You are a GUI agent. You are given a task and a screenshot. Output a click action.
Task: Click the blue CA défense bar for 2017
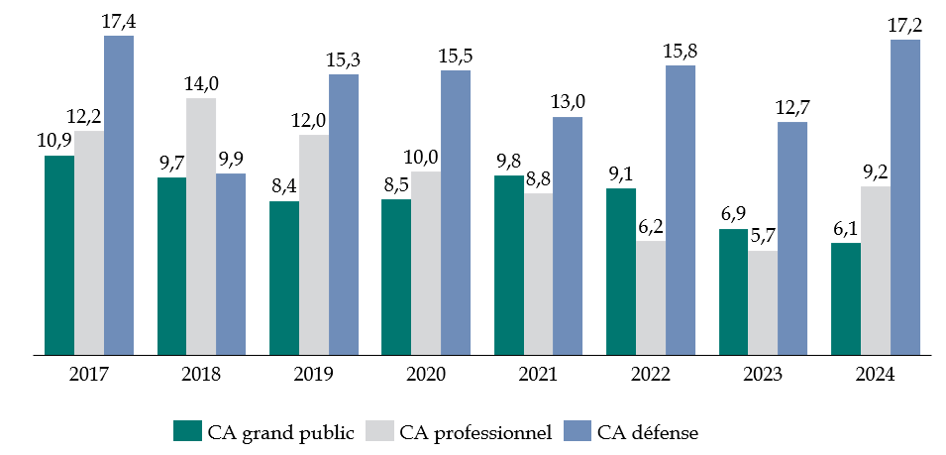119,195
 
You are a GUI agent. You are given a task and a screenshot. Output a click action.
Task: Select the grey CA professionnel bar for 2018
201,226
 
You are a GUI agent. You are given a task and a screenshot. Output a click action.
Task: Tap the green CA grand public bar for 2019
284,278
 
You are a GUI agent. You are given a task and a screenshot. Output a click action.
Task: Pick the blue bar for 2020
456,212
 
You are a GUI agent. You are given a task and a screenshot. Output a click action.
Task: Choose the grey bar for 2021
539,274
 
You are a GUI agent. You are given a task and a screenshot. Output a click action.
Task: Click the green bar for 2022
621,271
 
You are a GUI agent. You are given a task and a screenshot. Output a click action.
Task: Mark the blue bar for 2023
792,238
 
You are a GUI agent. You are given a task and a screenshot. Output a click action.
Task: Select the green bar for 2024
846,298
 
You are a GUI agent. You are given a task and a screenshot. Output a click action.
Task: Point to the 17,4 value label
118,21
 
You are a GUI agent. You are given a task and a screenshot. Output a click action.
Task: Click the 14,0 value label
202,83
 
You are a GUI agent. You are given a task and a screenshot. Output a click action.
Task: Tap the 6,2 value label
651,226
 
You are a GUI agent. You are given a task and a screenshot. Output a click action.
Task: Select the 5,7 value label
763,236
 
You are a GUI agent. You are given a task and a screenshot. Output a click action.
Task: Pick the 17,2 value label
905,25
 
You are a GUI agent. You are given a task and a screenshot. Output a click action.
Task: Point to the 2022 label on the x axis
651,375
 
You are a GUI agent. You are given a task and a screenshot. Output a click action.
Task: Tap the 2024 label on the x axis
876,375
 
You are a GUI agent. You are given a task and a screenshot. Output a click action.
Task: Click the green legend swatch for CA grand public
186,431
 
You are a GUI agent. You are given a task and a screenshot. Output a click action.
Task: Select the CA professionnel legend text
475,432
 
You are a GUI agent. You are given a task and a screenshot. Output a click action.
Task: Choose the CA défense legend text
655,432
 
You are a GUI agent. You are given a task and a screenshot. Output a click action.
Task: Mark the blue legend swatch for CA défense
578,431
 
